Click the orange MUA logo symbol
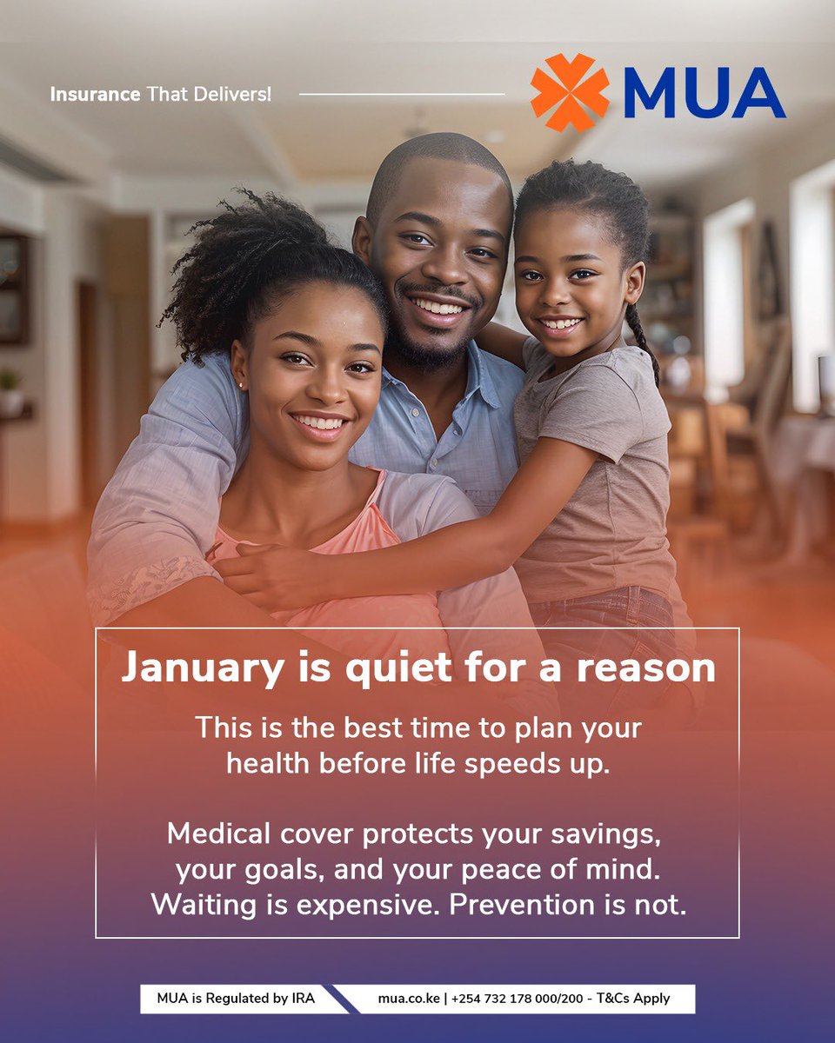click(570, 92)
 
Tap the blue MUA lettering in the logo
click(704, 93)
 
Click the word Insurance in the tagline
click(95, 94)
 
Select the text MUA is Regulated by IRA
click(236, 999)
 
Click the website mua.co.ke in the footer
click(409, 999)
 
